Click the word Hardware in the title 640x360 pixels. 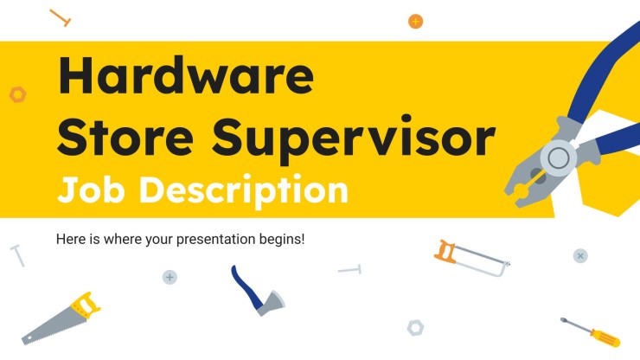point(185,80)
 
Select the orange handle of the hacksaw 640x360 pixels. point(445,252)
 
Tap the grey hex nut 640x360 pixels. point(415,327)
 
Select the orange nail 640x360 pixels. point(61,17)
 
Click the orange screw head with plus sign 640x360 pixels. point(415,21)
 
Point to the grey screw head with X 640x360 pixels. point(580,255)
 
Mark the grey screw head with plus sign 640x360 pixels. point(170,277)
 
